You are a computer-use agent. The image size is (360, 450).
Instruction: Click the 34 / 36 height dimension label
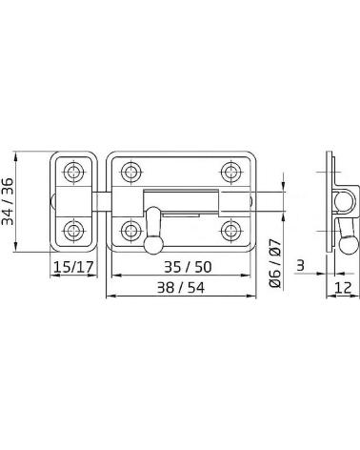coord(8,201)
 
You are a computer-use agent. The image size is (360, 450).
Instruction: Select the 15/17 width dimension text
coord(74,267)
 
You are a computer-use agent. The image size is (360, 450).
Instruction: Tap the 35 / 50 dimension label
coord(188,267)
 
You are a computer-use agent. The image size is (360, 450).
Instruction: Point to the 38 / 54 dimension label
coord(181,288)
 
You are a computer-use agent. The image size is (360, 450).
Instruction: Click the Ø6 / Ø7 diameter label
coord(275,264)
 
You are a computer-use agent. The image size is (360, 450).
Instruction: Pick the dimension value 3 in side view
coord(300,265)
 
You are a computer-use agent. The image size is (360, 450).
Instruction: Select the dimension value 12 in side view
coord(343,288)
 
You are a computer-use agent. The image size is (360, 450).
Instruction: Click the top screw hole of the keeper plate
coord(74,172)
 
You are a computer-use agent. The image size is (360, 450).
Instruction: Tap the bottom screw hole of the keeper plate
coord(74,230)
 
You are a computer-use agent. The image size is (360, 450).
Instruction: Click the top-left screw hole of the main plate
coord(130,172)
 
